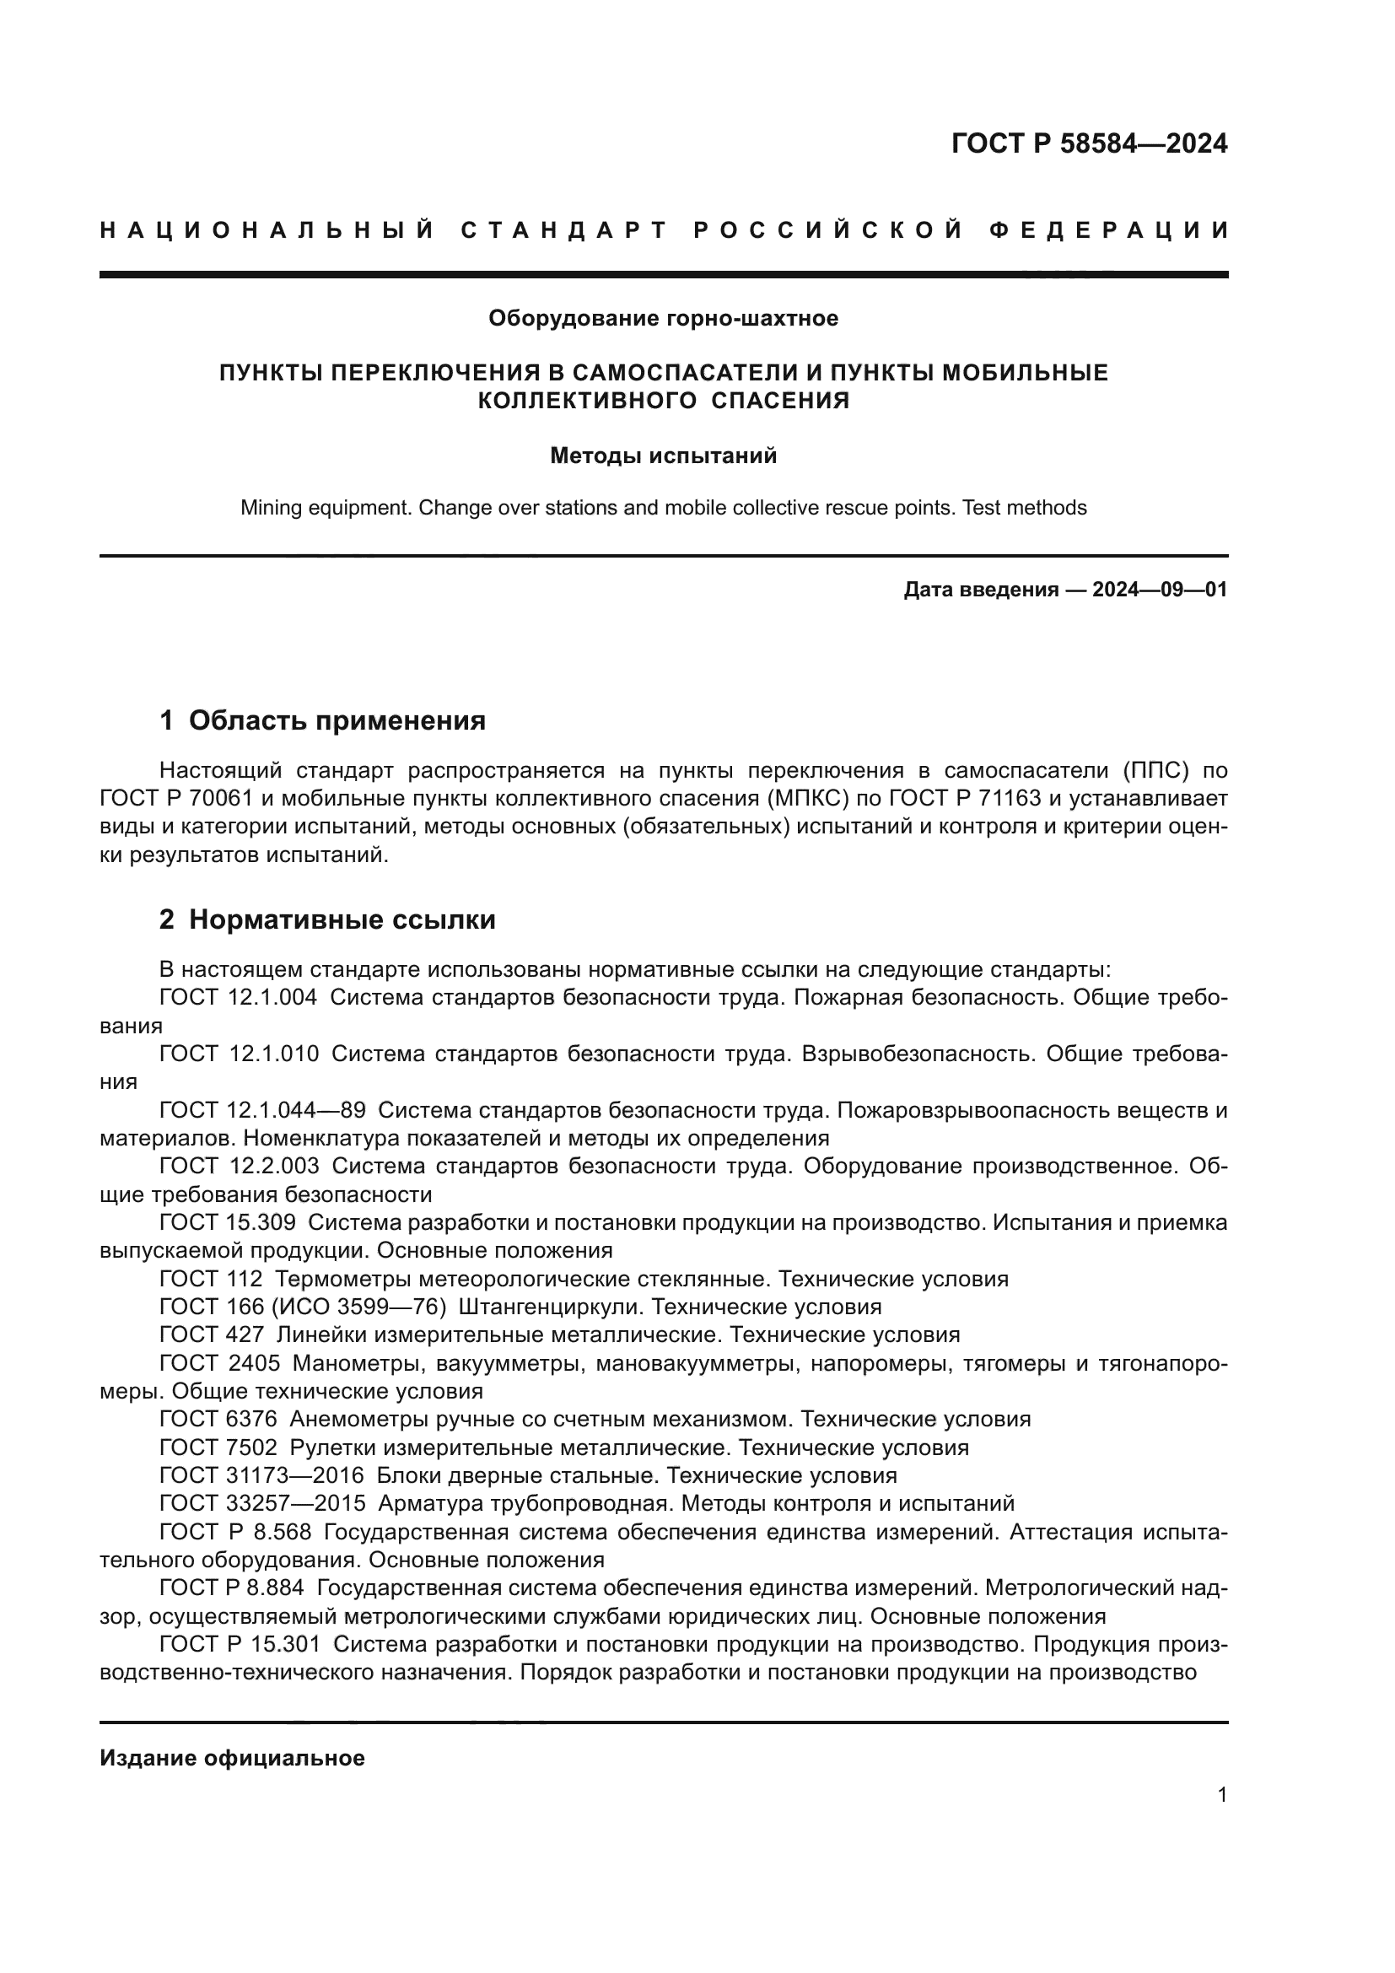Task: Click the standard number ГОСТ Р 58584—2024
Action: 1088,143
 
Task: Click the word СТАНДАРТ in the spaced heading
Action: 564,230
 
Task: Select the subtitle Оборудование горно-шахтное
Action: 663,319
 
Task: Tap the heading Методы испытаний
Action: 663,456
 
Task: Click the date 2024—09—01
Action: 1159,590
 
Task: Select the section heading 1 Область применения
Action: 322,720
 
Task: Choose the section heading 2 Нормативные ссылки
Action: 327,919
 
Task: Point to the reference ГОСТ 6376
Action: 218,1419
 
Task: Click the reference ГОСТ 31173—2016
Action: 262,1475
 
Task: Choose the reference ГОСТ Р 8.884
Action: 232,1588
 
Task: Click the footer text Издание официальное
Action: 232,1758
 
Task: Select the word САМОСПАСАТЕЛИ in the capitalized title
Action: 681,373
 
